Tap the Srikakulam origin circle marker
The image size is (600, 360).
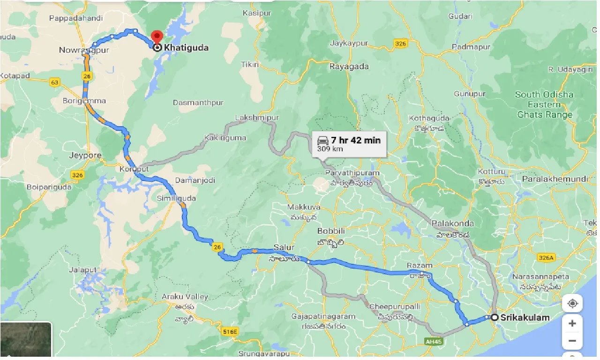494,317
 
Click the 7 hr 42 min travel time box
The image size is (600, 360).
349,144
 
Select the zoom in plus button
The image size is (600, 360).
572,323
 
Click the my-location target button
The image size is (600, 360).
572,304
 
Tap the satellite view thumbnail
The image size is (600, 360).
26,340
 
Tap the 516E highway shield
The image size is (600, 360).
230,331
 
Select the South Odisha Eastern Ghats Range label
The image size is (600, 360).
544,105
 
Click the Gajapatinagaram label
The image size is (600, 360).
323,316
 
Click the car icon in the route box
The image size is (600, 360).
323,140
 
